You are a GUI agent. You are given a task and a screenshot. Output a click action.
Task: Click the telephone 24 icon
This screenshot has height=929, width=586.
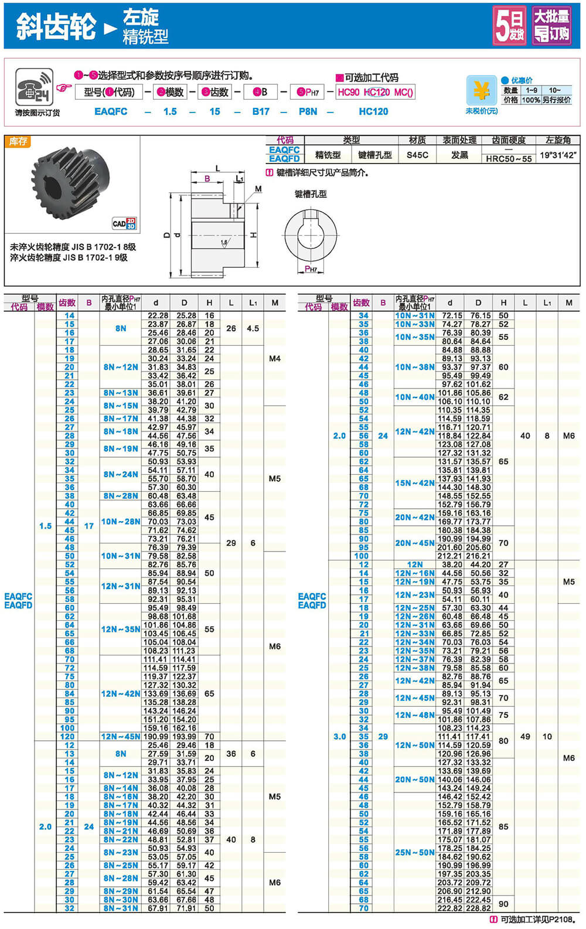(x=35, y=87)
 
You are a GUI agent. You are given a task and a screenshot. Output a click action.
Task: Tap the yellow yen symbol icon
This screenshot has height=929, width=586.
(x=481, y=90)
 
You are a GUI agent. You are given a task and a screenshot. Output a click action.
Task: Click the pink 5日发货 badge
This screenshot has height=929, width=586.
(x=510, y=25)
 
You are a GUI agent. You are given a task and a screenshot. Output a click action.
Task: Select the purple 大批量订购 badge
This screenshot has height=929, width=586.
(x=551, y=25)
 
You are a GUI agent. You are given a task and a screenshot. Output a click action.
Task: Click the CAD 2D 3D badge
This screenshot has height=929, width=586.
(x=124, y=223)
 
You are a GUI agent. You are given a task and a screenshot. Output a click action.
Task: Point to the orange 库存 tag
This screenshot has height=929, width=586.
(x=18, y=141)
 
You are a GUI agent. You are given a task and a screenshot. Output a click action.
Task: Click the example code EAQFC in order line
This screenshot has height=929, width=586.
(x=111, y=111)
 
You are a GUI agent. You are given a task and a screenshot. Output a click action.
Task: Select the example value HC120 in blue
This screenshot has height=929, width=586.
(x=373, y=111)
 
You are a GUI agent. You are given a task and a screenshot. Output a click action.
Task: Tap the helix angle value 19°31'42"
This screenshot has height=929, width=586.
(x=558, y=155)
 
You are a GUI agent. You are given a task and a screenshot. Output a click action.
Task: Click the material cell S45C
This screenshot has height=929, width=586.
(x=417, y=155)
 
